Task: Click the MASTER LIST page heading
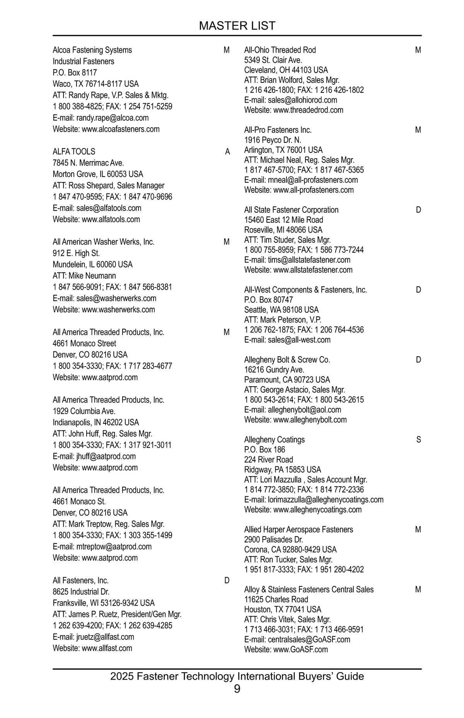pos(237,26)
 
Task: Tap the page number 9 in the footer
pos(237,689)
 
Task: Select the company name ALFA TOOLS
pos(74,152)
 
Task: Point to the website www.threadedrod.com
pos(308,110)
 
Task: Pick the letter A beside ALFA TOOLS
pos(227,152)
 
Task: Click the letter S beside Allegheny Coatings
pos(418,440)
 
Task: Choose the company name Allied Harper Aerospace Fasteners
pos(299,530)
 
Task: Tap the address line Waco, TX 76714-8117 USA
pos(96,84)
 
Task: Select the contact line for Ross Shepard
pos(109,185)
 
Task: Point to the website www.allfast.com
pos(107,648)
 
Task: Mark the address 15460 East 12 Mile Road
pos(283,220)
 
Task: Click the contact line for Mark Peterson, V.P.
pos(283,320)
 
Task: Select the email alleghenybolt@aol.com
pos(304,410)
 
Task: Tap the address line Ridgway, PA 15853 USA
pos(283,470)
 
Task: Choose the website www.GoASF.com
pos(300,649)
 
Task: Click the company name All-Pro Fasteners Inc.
pos(278,130)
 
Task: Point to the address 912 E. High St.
pos(76,253)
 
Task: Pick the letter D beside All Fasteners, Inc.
pos(227,581)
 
